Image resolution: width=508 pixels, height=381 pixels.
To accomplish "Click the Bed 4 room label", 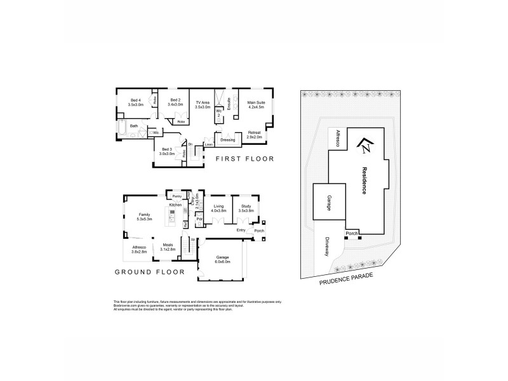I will coord(136,102).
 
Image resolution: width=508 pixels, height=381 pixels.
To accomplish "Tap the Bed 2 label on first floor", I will coord(175,102).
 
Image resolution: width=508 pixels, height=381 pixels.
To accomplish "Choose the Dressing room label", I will coord(227,139).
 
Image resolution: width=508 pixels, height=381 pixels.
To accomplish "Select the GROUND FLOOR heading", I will coord(150,271).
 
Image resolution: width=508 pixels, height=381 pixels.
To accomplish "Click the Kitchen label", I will coord(176,204).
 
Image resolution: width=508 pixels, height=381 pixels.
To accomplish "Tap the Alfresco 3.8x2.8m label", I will coord(138,250).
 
